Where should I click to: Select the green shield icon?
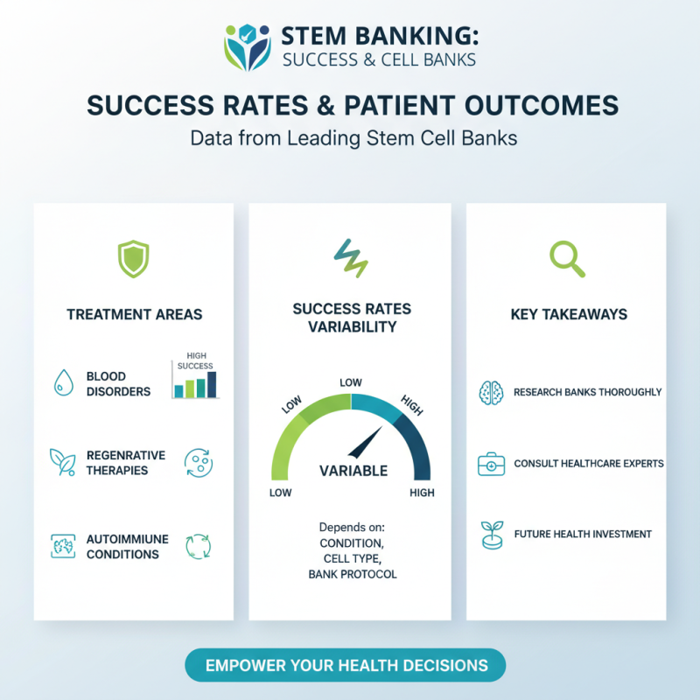[x=133, y=259]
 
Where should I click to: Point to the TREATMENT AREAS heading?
[x=134, y=314]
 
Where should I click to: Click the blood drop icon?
[x=63, y=382]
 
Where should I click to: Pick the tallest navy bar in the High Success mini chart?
[x=211, y=384]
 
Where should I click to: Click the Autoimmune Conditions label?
[x=122, y=547]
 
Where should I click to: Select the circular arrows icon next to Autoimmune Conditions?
[x=198, y=547]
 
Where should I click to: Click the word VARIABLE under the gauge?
[x=353, y=471]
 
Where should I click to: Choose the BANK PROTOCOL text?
[x=353, y=575]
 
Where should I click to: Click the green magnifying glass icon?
[x=568, y=258]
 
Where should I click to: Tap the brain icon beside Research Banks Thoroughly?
[x=491, y=392]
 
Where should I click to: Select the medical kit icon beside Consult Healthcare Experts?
[x=491, y=463]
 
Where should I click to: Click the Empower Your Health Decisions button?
[x=346, y=665]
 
